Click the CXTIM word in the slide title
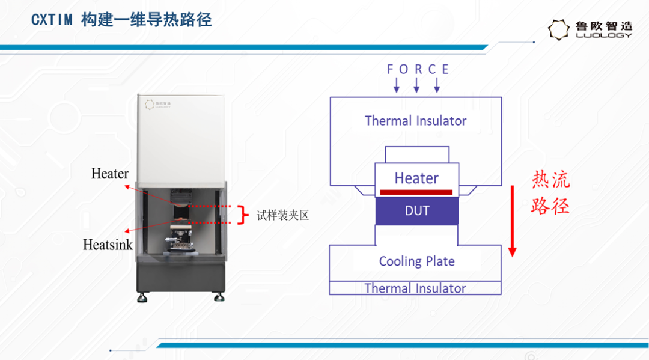(52, 20)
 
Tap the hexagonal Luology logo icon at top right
(558, 30)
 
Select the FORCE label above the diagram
(418, 69)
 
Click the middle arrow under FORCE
(416, 84)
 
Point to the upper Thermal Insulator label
(416, 121)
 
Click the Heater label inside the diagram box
(416, 178)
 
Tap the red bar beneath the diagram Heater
(416, 192)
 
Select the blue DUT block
(417, 210)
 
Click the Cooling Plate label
(417, 261)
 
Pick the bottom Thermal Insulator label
(415, 288)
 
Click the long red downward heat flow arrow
(513, 221)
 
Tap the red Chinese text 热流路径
(550, 192)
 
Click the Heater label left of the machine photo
(110, 173)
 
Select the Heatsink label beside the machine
(108, 245)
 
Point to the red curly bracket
(243, 215)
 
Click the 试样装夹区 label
(282, 215)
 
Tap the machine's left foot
(142, 297)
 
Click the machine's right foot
(219, 296)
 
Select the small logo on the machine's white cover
(157, 105)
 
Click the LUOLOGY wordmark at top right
(605, 35)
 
